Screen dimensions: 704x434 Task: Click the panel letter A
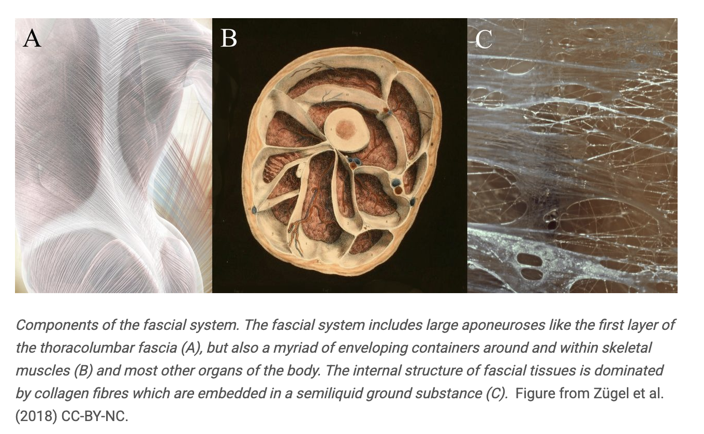[32, 39]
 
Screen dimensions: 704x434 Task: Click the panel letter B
[228, 38]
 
